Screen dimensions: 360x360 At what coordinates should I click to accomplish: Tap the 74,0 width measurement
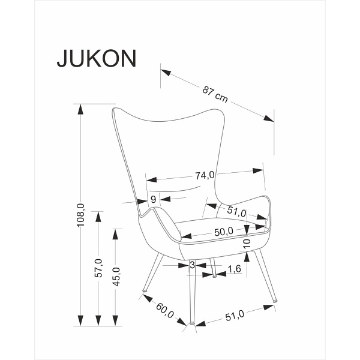pos(204,176)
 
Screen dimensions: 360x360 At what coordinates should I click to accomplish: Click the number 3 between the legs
pos(191,265)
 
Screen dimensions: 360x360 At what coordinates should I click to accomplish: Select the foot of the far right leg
pos(275,299)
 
